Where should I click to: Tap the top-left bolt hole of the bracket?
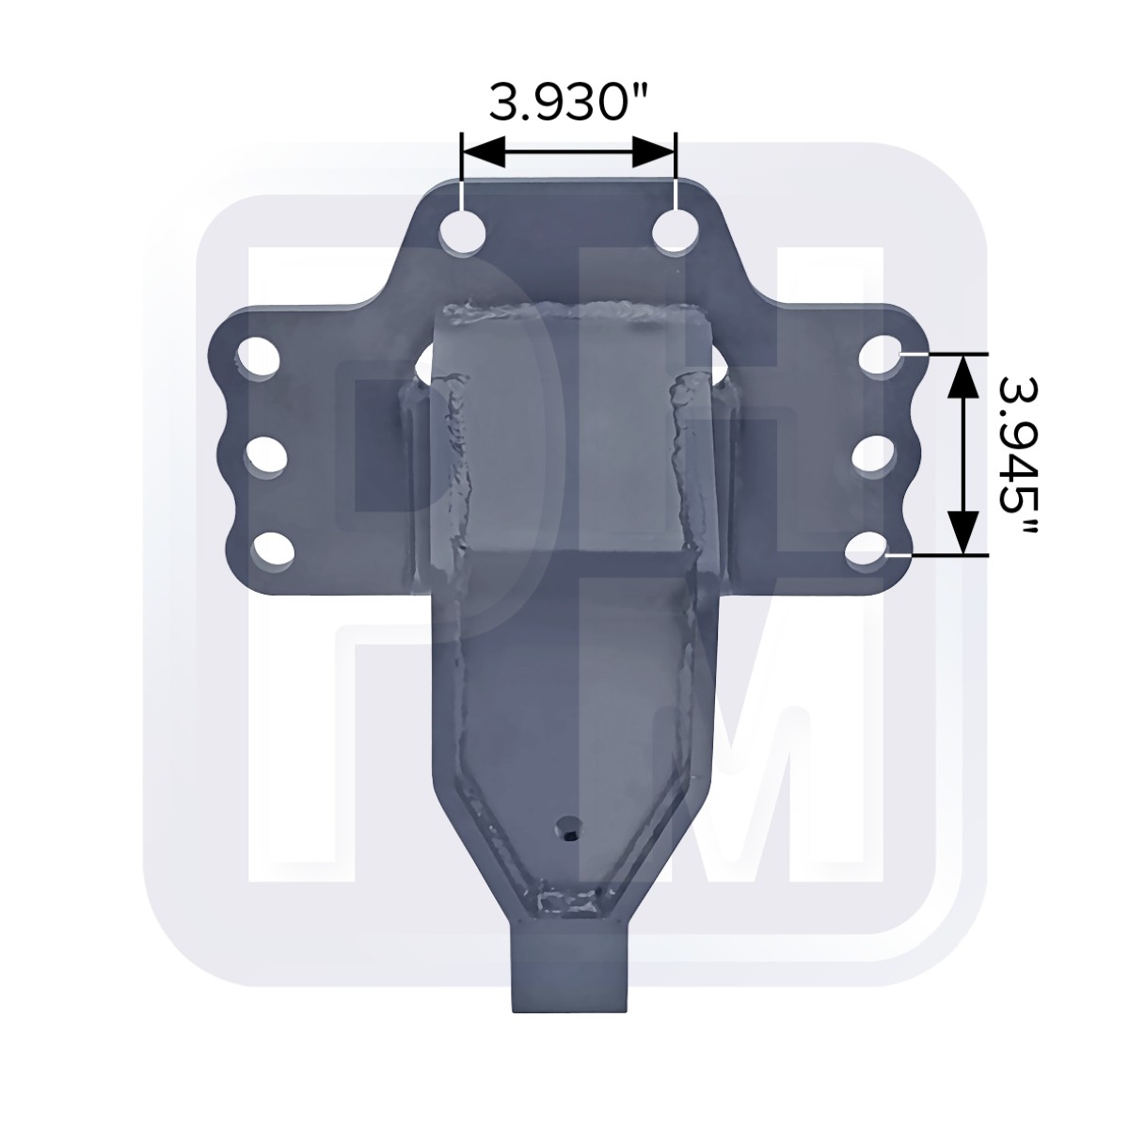pyautogui.click(x=462, y=232)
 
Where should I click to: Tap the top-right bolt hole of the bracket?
pyautogui.click(x=675, y=232)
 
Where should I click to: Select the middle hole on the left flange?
pyautogui.click(x=268, y=457)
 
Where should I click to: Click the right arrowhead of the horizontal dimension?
pyautogui.click(x=654, y=151)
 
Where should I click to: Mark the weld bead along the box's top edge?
pyautogui.click(x=564, y=309)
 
